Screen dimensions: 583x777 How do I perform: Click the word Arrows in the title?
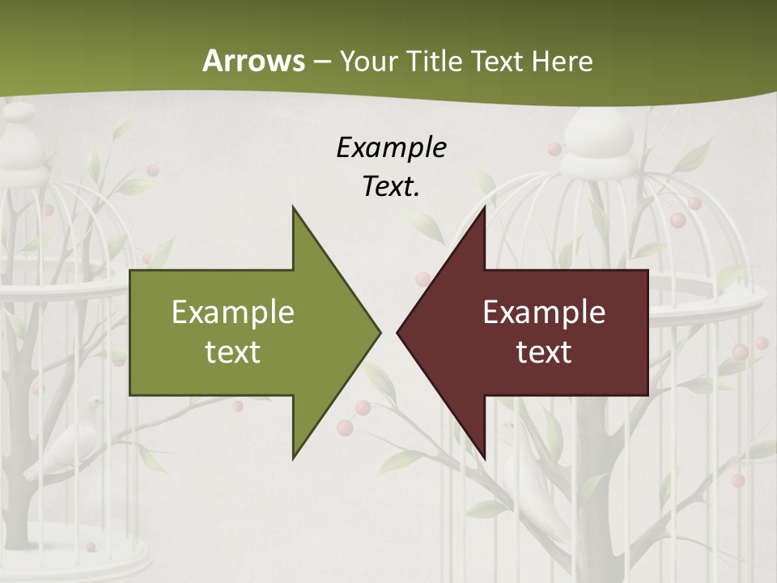pos(253,61)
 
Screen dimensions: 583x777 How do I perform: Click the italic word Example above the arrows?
pos(392,147)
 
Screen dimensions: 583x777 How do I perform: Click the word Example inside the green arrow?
pos(232,312)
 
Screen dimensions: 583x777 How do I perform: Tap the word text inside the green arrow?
pos(232,351)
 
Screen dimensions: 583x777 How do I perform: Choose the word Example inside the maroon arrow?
pos(544,312)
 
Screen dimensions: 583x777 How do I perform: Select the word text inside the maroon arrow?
pos(544,351)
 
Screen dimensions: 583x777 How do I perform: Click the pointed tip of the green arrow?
pos(379,331)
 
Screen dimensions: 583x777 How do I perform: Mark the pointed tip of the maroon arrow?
pos(398,331)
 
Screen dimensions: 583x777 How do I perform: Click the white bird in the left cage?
pos(73,441)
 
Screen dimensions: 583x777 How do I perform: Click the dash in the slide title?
pos(321,62)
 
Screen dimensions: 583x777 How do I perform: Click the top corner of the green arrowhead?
pos(293,207)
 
